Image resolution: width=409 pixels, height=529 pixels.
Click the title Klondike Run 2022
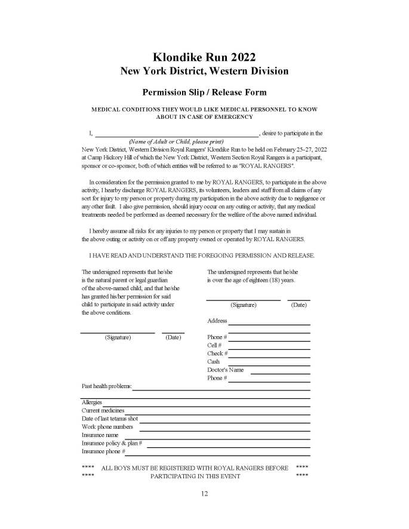point(204,57)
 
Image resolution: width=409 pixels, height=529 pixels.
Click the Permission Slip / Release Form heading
point(204,92)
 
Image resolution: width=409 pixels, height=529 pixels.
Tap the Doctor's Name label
point(225,370)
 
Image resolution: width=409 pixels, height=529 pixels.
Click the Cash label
point(213,361)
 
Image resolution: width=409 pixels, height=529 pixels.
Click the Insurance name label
point(100,435)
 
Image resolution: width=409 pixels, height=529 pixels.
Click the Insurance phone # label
point(103,452)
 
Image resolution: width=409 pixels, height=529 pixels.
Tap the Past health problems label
point(106,386)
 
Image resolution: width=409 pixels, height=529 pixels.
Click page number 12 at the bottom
point(204,494)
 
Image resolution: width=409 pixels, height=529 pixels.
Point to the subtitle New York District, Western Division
point(204,71)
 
